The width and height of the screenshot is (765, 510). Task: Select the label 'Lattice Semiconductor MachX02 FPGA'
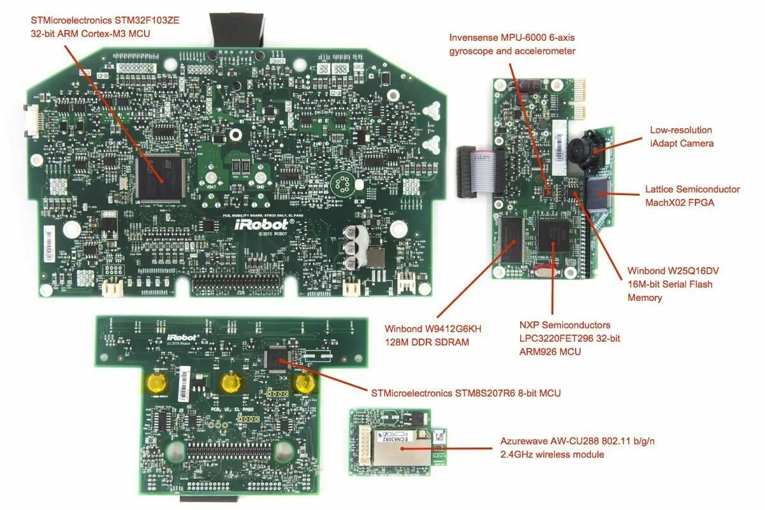click(692, 196)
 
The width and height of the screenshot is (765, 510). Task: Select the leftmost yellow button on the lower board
click(156, 382)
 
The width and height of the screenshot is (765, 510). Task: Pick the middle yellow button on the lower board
click(231, 382)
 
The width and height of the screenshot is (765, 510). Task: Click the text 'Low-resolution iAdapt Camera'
click(681, 136)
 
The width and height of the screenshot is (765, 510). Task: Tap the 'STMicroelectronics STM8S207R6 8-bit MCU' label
click(466, 393)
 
